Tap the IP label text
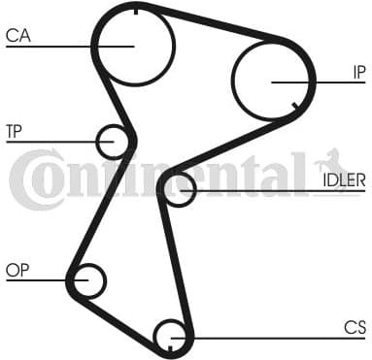click(358, 71)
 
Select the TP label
click(14, 130)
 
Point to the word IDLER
click(344, 179)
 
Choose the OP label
click(17, 270)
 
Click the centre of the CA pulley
click(134, 44)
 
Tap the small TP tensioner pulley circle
click(114, 142)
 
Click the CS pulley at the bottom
click(171, 336)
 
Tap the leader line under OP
click(39, 281)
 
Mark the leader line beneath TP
click(49, 142)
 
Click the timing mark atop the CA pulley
click(135, 9)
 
